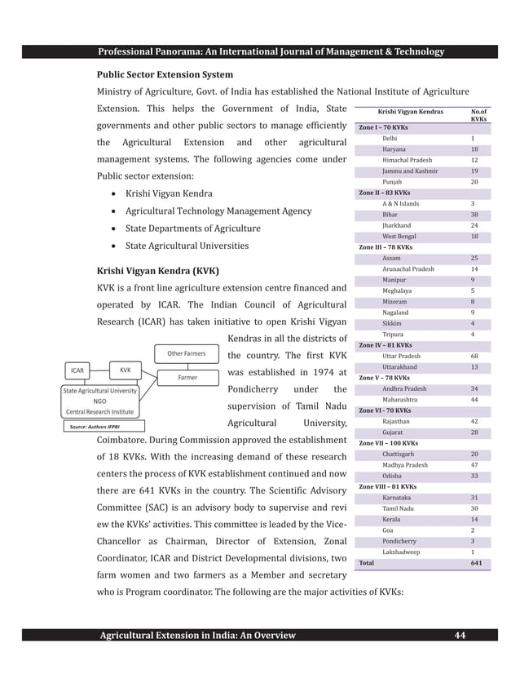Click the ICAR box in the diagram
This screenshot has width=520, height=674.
pos(77,370)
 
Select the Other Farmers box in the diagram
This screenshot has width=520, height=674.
pos(186,354)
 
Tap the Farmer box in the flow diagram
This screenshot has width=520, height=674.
pos(187,378)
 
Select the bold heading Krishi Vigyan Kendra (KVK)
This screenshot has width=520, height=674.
pos(158,270)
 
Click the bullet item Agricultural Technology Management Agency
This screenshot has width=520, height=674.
pos(218,211)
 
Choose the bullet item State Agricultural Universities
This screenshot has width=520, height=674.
pos(187,245)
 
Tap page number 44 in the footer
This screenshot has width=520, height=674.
pos(460,636)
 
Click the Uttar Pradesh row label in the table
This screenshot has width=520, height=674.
pos(404,356)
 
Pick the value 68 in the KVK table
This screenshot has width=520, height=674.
pos(474,356)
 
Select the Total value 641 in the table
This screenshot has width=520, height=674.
pos(475,563)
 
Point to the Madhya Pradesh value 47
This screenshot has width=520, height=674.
pos(474,465)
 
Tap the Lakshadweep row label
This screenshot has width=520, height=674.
pos(401,552)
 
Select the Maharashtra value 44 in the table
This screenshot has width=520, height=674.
pos(474,400)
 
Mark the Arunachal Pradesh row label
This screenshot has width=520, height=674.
pos(408,268)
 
